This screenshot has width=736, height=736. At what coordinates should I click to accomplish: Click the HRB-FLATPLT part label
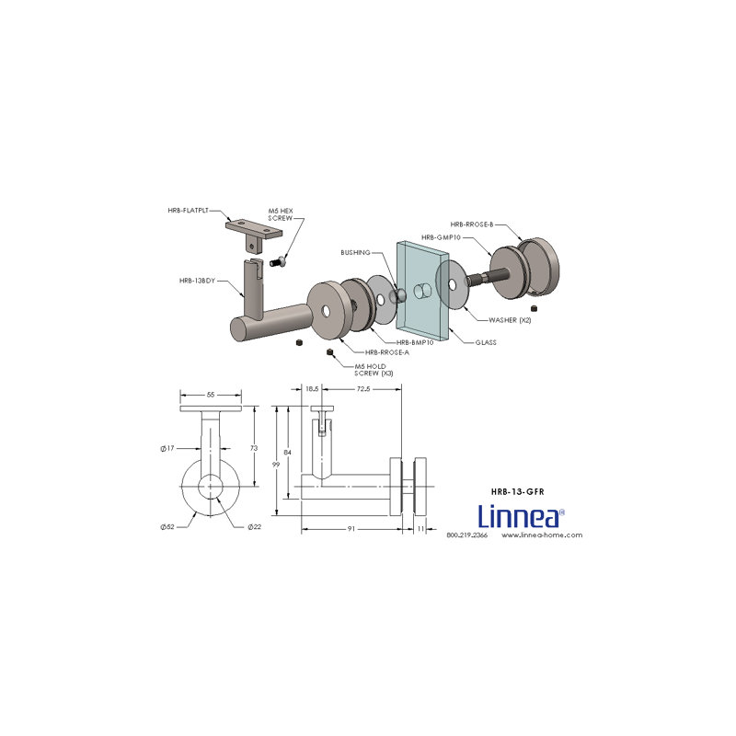point(188,211)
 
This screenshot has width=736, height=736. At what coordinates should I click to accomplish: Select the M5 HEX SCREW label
point(281,214)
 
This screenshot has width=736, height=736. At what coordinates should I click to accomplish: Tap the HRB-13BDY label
point(197,281)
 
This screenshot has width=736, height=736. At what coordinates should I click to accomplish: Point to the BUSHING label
point(355,252)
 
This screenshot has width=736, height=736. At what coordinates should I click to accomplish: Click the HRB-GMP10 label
point(441,237)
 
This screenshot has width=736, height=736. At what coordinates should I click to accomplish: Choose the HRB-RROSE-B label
point(472,224)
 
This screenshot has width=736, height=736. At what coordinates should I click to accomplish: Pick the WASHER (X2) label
point(510,320)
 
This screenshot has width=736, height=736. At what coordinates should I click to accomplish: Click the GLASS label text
point(486,342)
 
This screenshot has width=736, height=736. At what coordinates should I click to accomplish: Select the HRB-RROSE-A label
point(387,352)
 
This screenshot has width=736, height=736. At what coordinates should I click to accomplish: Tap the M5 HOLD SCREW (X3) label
point(374,370)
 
